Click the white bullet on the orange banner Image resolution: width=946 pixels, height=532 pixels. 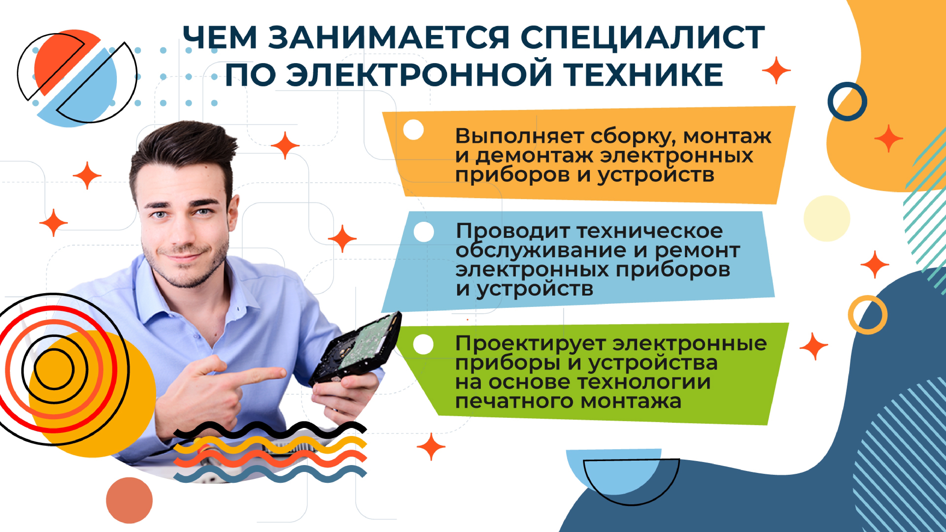tap(413, 130)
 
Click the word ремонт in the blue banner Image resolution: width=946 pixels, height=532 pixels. tap(697, 251)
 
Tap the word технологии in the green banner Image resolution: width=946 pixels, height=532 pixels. tap(644, 382)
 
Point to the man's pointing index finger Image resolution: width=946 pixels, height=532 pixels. tap(257, 375)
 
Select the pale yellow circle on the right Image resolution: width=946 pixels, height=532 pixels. tap(827, 218)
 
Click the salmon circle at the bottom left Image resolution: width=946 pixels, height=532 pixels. tap(129, 500)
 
